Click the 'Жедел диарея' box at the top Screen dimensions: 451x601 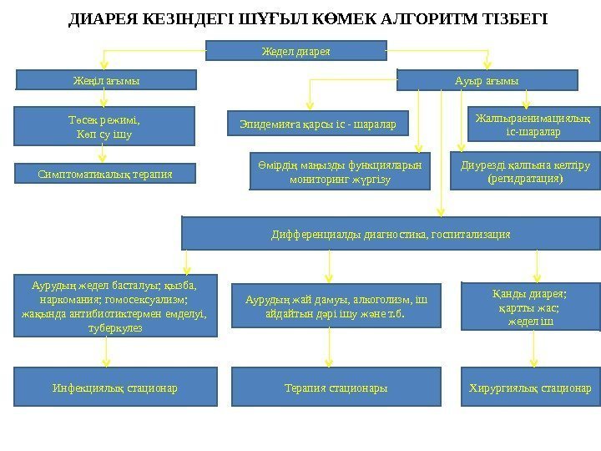coord(296,51)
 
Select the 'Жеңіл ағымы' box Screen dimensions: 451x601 coord(106,80)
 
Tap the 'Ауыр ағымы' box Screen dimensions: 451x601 coord(487,80)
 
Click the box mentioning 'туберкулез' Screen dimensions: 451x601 coord(116,306)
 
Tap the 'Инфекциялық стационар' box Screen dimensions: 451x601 coord(116,388)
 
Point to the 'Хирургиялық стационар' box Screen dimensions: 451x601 coord(530,388)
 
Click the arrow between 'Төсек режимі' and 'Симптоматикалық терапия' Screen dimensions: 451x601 coord(103,154)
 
